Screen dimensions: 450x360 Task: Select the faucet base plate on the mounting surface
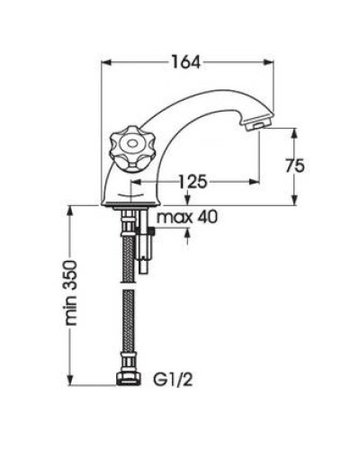[130, 204]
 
